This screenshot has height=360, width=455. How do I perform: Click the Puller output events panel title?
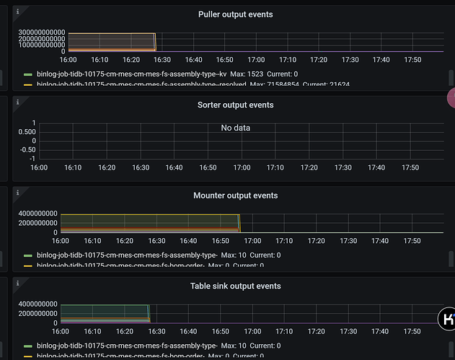(x=235, y=14)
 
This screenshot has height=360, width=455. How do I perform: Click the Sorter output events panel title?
(x=235, y=105)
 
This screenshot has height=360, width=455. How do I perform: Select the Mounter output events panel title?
(x=235, y=196)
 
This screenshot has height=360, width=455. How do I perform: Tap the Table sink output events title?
(x=235, y=286)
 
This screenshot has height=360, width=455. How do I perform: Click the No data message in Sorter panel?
(x=235, y=128)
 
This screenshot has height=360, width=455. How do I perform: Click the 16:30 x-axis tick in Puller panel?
(x=164, y=60)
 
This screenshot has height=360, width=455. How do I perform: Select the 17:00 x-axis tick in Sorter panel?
(x=242, y=167)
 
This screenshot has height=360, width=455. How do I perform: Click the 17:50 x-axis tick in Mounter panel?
(x=412, y=241)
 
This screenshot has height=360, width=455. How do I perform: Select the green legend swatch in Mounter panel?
(x=27, y=255)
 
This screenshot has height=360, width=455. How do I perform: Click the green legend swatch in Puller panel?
(x=27, y=74)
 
